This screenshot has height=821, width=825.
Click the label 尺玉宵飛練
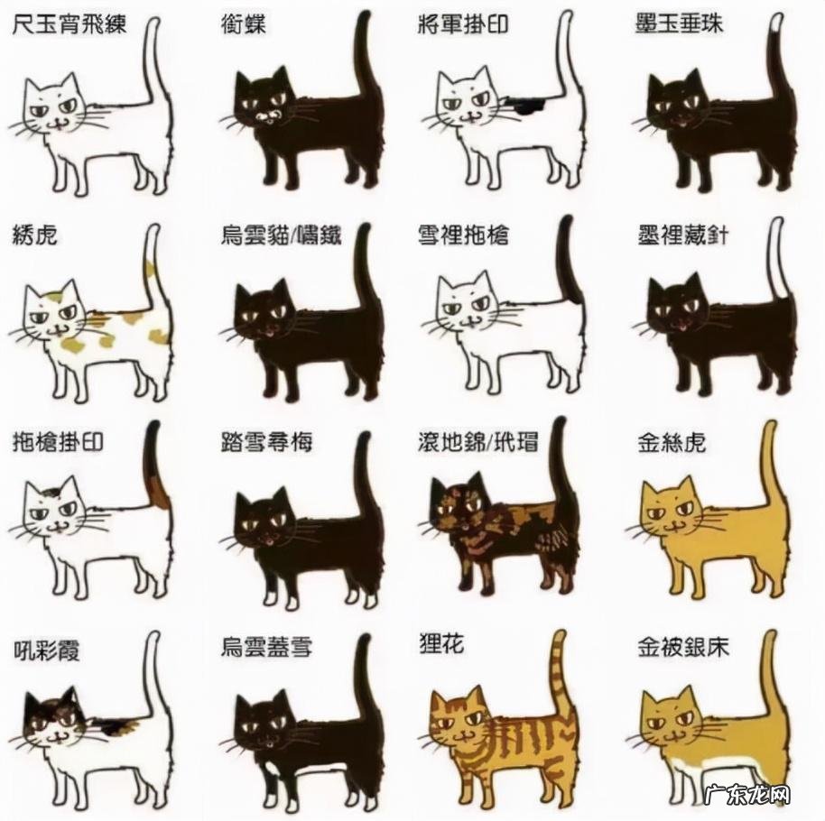pyautogui.click(x=69, y=24)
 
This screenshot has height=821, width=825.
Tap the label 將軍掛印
pyautogui.click(x=463, y=24)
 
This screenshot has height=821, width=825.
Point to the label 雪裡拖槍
pyautogui.click(x=463, y=235)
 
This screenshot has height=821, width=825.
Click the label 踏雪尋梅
pyautogui.click(x=266, y=442)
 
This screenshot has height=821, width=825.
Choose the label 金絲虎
pyautogui.click(x=672, y=443)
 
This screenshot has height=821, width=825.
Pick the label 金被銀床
pyautogui.click(x=683, y=648)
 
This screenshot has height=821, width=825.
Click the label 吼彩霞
pyautogui.click(x=46, y=651)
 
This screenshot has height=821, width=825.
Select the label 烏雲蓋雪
pyautogui.click(x=266, y=648)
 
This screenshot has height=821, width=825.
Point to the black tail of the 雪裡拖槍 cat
pyautogui.click(x=569, y=258)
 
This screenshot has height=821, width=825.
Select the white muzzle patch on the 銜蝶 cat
pyautogui.click(x=268, y=116)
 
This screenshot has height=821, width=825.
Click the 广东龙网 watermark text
pyautogui.click(x=747, y=795)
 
